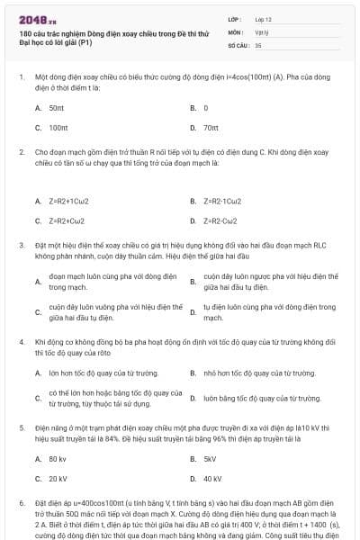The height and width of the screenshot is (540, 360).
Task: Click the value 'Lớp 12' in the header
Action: point(263,18)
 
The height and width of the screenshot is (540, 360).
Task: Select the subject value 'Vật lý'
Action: point(261,31)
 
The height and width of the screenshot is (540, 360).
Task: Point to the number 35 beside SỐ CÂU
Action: point(258,44)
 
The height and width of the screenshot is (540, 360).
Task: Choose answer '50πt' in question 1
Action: point(57,107)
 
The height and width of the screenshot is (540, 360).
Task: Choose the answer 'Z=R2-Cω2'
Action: point(220,220)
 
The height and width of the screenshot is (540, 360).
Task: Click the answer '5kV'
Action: point(210,458)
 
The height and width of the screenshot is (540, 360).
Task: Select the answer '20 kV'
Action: point(58,479)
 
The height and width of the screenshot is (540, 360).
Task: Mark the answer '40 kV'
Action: point(212,479)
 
